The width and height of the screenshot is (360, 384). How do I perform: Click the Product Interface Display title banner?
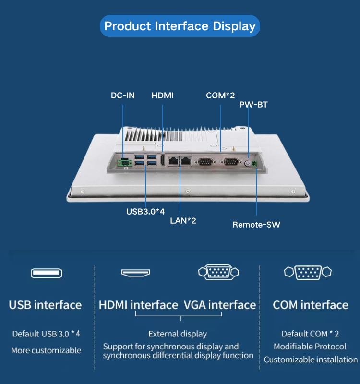[180, 26]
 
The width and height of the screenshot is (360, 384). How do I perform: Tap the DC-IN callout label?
[123, 96]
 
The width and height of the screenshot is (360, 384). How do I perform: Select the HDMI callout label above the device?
[163, 96]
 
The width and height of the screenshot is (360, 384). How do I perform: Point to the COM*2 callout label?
[220, 96]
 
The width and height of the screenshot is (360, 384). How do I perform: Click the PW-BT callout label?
[253, 105]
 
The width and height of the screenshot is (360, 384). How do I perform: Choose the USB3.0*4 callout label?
[145, 211]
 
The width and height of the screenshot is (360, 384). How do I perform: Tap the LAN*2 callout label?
[183, 221]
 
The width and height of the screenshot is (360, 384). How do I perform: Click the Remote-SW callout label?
[256, 224]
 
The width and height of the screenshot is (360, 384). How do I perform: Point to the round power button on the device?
[248, 164]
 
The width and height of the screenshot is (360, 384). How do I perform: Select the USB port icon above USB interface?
[46, 273]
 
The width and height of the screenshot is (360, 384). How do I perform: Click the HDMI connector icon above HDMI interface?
[135, 273]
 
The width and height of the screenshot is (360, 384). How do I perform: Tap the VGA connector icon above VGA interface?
[218, 272]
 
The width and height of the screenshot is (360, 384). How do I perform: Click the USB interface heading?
[45, 305]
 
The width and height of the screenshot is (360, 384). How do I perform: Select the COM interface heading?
[311, 305]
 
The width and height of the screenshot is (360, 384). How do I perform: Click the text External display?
[178, 334]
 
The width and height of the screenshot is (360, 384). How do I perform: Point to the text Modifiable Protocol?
[310, 347]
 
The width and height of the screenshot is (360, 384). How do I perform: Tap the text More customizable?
[46, 350]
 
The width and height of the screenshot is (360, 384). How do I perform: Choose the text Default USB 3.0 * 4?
[46, 334]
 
